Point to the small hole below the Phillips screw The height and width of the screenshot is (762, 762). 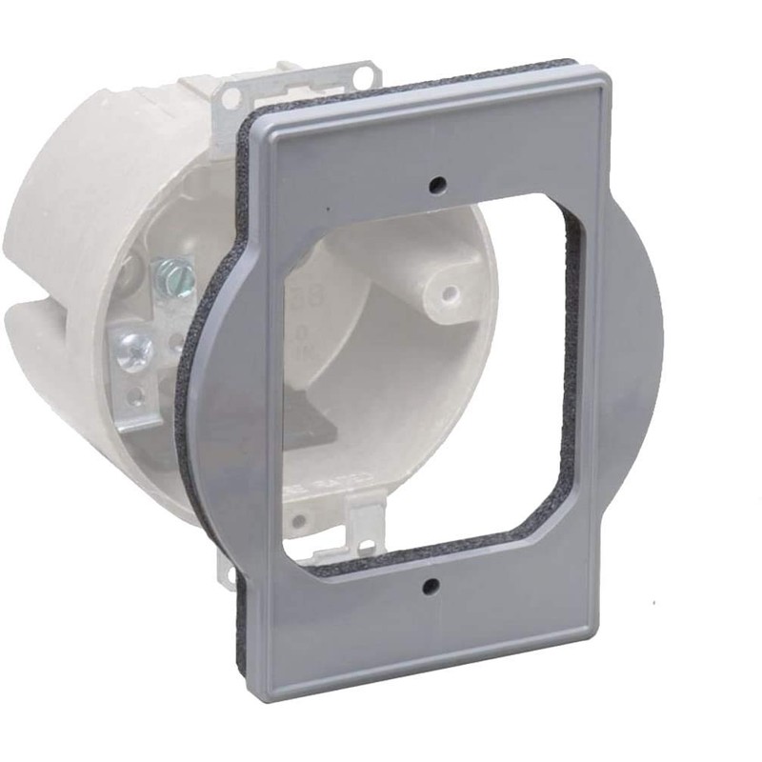pos(143,393)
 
